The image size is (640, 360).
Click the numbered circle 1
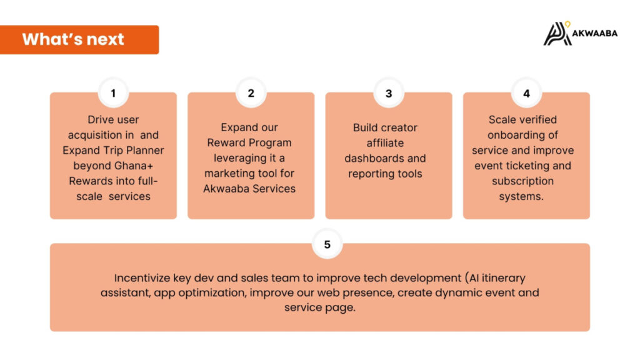pos(114,93)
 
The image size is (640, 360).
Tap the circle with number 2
pos(251,93)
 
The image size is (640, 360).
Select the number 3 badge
pos(389,93)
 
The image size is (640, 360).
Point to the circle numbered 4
pos(526,93)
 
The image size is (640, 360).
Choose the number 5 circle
pos(327,244)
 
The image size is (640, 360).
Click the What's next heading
pos(73,39)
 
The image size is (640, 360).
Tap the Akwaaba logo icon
pos(557,34)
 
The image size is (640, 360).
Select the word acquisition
pos(101,135)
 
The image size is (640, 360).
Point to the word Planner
pos(145,150)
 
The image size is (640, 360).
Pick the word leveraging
pos(239,158)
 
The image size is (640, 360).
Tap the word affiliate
pos(385,143)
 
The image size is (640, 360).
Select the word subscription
pos(523,181)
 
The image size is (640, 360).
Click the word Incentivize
pos(142,278)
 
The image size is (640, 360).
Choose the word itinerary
pos(504,278)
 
